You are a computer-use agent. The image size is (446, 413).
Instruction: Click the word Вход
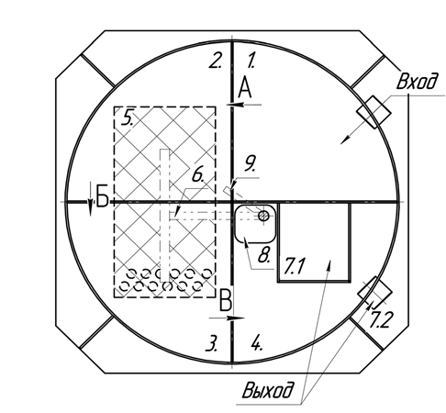point(417,82)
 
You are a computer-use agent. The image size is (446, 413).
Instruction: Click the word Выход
point(266,390)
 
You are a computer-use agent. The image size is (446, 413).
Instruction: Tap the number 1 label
point(251,60)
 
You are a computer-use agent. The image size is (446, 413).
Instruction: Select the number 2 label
point(216,60)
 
